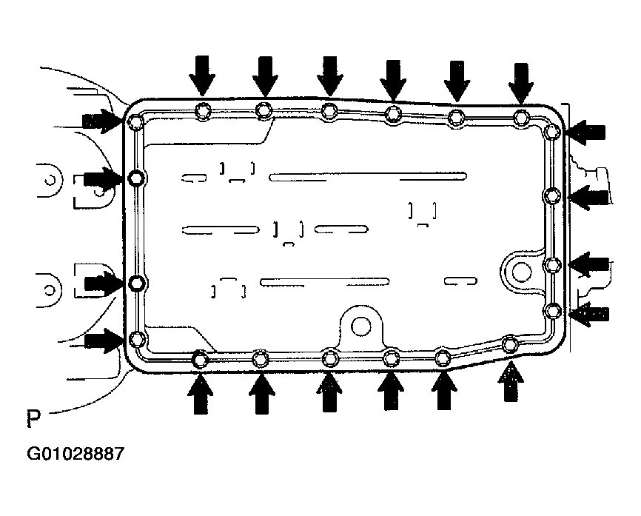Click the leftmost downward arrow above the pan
pos(201,76)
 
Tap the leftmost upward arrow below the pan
pos(198,391)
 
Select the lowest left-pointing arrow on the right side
pos(590,313)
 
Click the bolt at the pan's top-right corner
pos(551,132)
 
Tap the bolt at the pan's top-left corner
pos(135,121)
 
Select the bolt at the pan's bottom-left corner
pos(136,339)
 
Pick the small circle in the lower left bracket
pos(49,284)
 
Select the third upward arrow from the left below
pos(330,392)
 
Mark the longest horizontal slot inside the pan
pos(367,176)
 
